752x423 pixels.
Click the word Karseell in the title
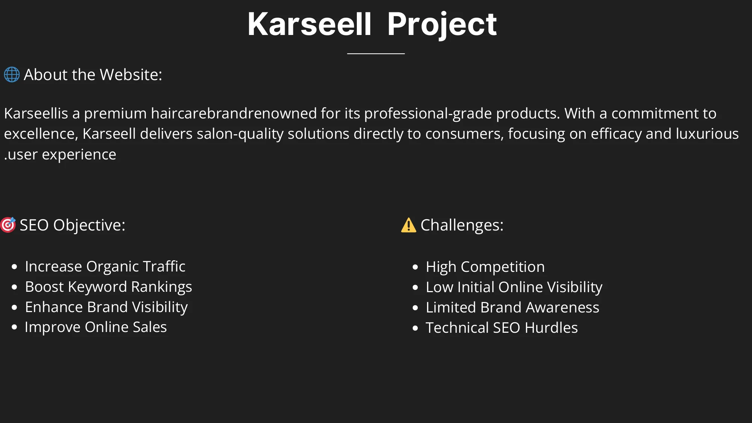click(309, 24)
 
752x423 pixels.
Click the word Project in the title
click(442, 24)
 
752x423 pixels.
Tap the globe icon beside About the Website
click(12, 74)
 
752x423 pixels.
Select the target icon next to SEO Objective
click(8, 225)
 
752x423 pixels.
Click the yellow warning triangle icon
click(408, 225)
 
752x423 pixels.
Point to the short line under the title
click(376, 54)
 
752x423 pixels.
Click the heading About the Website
click(93, 74)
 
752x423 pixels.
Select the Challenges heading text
click(462, 225)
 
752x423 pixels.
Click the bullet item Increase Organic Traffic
click(105, 266)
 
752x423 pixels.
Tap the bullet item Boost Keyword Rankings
click(108, 287)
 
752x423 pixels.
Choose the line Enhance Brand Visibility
click(106, 307)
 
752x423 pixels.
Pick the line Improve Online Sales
click(96, 327)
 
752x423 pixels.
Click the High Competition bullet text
click(485, 267)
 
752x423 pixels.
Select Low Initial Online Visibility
click(514, 287)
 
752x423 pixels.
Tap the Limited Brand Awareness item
click(512, 307)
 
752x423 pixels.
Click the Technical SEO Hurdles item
click(502, 327)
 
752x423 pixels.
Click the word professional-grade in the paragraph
click(428, 113)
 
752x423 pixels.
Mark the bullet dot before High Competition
click(415, 267)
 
